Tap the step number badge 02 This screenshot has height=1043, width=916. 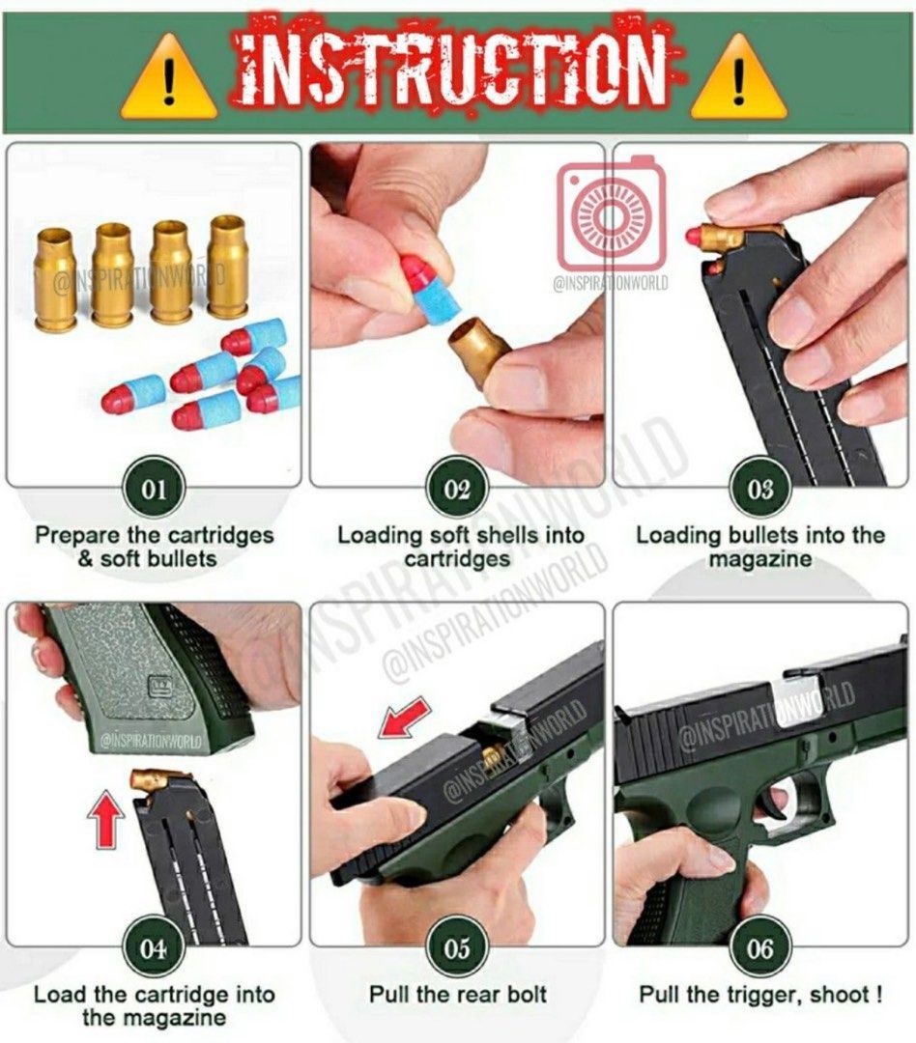click(457, 489)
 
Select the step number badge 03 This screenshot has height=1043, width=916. click(760, 489)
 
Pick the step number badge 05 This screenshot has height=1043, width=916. click(457, 947)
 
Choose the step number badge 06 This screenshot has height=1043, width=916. click(760, 947)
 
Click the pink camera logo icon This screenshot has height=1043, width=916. click(611, 214)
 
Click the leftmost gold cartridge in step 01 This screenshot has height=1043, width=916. click(55, 276)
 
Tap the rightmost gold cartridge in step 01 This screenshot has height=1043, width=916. click(228, 266)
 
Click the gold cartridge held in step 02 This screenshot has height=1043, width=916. click(477, 353)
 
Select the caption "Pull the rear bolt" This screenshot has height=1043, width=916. click(457, 994)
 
